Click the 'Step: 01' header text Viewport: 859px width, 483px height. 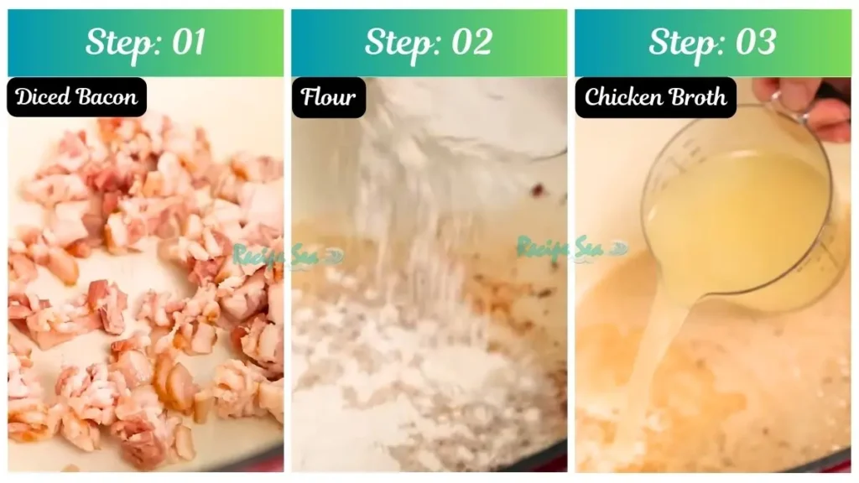click(x=145, y=43)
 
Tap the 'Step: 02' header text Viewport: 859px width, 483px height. click(x=429, y=43)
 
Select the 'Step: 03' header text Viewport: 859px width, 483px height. click(x=712, y=43)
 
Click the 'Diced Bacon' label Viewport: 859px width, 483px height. click(x=76, y=97)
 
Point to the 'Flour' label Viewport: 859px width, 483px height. click(x=328, y=97)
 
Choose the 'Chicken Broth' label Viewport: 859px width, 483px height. click(x=655, y=97)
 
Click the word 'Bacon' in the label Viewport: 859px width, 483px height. click(x=107, y=97)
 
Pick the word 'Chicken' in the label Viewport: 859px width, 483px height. click(x=620, y=97)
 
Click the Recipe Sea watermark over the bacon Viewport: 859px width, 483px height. click(x=275, y=254)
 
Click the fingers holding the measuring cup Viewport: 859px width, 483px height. click(x=805, y=105)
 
